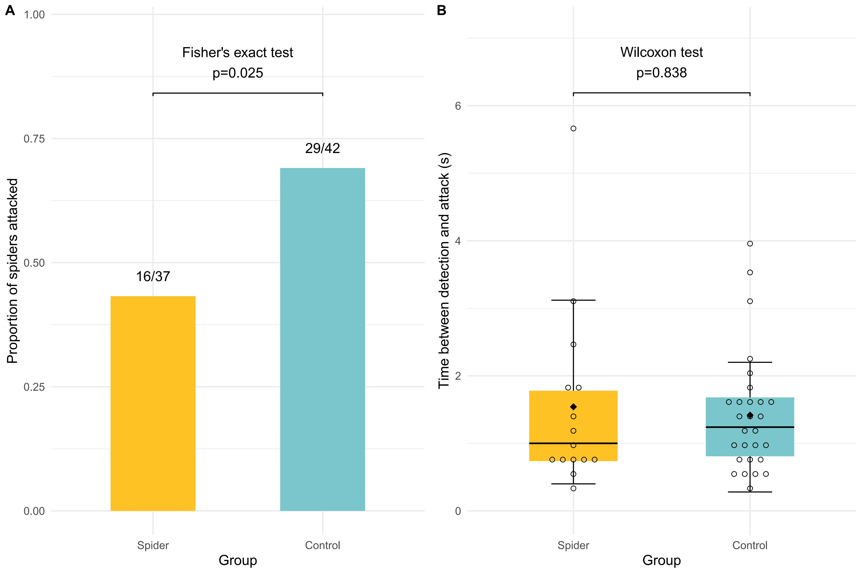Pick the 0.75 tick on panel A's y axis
(x=34, y=139)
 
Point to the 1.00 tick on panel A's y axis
(x=34, y=15)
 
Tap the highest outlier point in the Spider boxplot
(x=573, y=128)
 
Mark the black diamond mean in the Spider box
(x=573, y=407)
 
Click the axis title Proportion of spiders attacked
(x=12, y=271)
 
